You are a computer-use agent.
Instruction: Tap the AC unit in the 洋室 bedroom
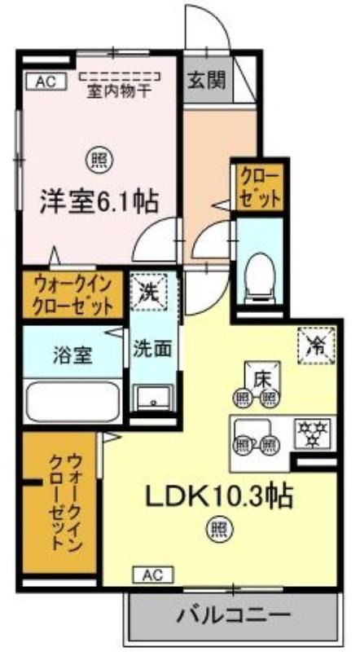[x=46, y=81]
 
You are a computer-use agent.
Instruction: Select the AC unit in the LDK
[x=153, y=575]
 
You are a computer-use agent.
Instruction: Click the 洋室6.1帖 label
[x=99, y=202]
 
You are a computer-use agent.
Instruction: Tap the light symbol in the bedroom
[x=99, y=161]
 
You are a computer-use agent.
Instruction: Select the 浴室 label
[x=72, y=356]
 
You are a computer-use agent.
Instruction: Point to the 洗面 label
[x=152, y=350]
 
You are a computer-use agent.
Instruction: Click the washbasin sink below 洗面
[x=153, y=399]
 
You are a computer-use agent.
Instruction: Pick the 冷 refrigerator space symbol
[x=316, y=346]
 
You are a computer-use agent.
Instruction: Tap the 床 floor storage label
[x=261, y=378]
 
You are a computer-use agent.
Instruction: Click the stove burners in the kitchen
[x=313, y=434]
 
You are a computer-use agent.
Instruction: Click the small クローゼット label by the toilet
[x=261, y=186]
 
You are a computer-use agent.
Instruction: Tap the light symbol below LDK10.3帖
[x=219, y=528]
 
